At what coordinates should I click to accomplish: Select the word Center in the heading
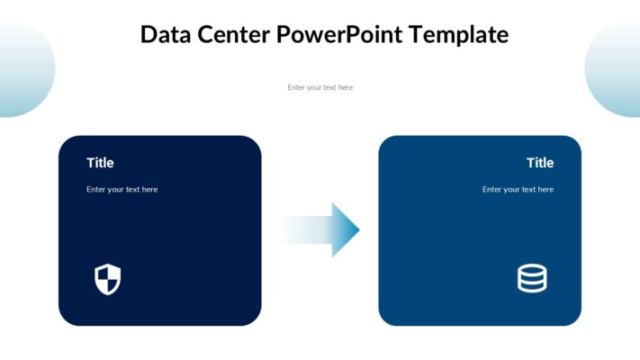[x=235, y=35]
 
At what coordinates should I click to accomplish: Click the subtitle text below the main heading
[x=320, y=87]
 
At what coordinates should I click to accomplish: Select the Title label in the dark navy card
[x=100, y=163]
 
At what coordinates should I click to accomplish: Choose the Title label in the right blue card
[x=540, y=163]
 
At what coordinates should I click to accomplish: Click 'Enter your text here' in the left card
[x=122, y=190]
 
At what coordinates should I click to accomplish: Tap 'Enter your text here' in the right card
[x=518, y=190]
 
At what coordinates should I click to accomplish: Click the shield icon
[x=107, y=279]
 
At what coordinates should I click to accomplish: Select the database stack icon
[x=532, y=279]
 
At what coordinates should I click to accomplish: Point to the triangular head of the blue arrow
[x=346, y=230]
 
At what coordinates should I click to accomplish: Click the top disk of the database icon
[x=532, y=270]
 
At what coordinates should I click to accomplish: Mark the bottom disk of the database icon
[x=532, y=287]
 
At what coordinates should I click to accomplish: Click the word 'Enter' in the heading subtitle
[x=297, y=87]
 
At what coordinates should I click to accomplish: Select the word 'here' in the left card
[x=149, y=190]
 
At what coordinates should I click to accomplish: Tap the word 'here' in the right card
[x=545, y=190]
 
